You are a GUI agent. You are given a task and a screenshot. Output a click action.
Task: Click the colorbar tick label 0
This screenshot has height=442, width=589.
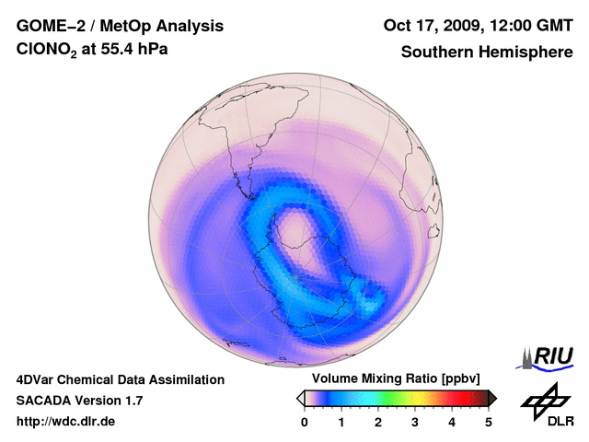(x=305, y=423)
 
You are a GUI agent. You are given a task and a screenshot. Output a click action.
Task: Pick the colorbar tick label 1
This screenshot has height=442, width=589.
(x=341, y=423)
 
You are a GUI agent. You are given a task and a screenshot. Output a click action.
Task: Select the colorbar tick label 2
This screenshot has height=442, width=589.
(x=378, y=423)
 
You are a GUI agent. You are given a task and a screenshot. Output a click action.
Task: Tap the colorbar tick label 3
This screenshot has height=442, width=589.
(x=415, y=423)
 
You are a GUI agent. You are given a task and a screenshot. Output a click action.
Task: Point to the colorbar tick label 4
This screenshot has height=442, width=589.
(x=452, y=423)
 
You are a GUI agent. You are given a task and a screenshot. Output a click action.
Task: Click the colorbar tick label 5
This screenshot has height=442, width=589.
(x=489, y=423)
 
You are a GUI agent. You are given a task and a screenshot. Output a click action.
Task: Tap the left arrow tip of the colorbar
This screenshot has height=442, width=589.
(x=300, y=398)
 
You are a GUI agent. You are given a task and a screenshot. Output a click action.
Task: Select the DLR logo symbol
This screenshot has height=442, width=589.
(x=545, y=399)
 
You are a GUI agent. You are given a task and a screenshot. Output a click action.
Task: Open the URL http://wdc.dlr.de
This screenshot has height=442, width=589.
(x=66, y=423)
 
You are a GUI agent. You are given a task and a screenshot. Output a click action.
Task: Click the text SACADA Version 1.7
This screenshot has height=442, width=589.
(x=79, y=401)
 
